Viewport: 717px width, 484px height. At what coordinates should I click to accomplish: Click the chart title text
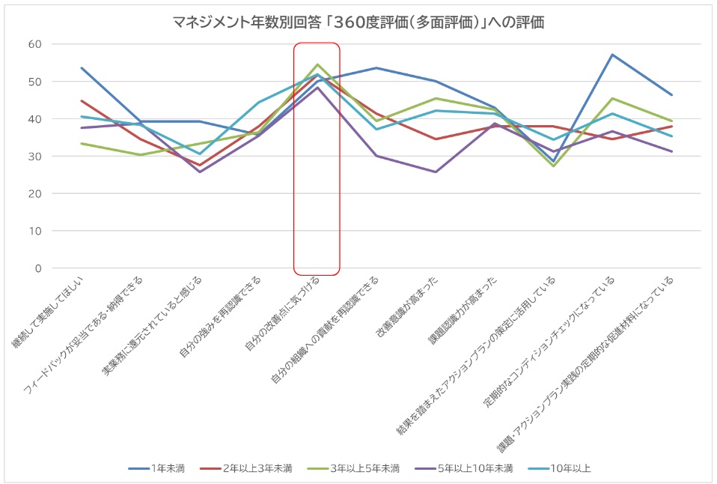358,22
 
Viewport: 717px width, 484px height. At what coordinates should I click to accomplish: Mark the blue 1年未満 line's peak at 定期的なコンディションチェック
612,55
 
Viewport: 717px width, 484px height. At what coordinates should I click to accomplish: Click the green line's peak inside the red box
317,64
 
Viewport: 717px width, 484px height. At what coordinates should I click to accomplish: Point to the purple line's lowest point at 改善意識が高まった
436,172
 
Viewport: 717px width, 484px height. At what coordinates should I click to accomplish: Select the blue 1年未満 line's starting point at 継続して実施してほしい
81,67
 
